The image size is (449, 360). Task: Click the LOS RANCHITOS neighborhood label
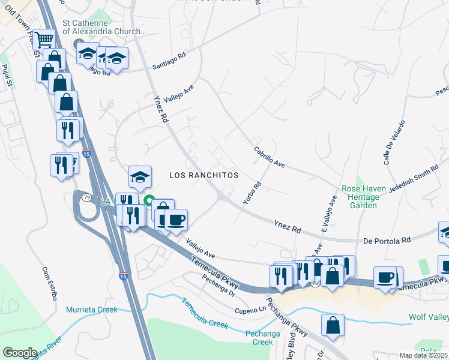tap(203, 175)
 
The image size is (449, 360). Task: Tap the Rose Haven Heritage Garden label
tap(368, 197)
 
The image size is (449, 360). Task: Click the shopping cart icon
tap(44, 40)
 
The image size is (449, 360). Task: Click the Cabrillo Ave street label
tap(268, 157)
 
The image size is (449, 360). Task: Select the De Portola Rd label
tap(387, 240)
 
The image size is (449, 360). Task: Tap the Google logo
tap(20, 352)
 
